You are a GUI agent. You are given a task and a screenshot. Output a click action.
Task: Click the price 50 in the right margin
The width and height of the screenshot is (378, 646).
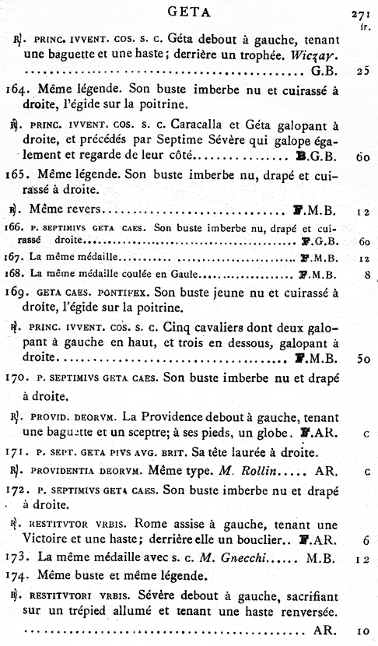click(362, 358)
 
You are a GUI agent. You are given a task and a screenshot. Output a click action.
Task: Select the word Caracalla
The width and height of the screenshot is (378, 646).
click(197, 125)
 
